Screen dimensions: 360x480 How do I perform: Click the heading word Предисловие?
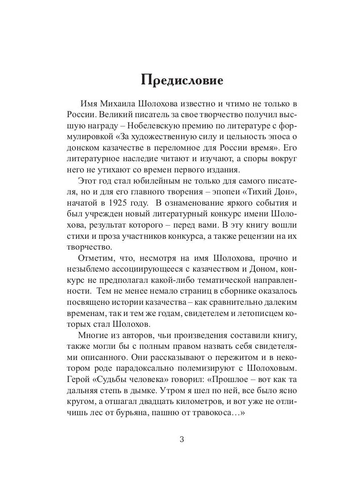click(x=182, y=80)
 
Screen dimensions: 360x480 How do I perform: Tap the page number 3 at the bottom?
click(x=182, y=440)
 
